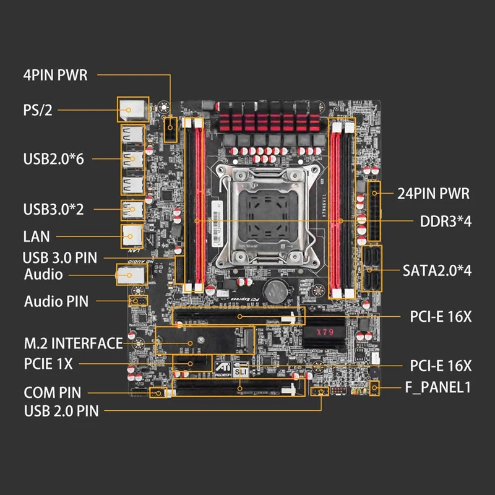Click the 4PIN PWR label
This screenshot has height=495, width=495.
[x=55, y=76]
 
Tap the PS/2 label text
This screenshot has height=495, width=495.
[x=38, y=111]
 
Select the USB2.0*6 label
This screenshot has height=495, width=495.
[x=53, y=159]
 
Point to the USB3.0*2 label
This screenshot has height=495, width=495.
[x=53, y=209]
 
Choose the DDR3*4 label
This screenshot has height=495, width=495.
[x=446, y=221]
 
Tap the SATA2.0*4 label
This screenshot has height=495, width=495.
[x=437, y=270]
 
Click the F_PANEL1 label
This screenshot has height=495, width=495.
[x=438, y=388]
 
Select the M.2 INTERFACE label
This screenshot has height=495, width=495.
[x=73, y=343]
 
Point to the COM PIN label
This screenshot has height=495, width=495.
[x=53, y=392]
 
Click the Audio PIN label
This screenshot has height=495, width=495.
[x=56, y=302]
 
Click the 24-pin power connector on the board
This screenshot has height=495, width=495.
[x=374, y=210]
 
